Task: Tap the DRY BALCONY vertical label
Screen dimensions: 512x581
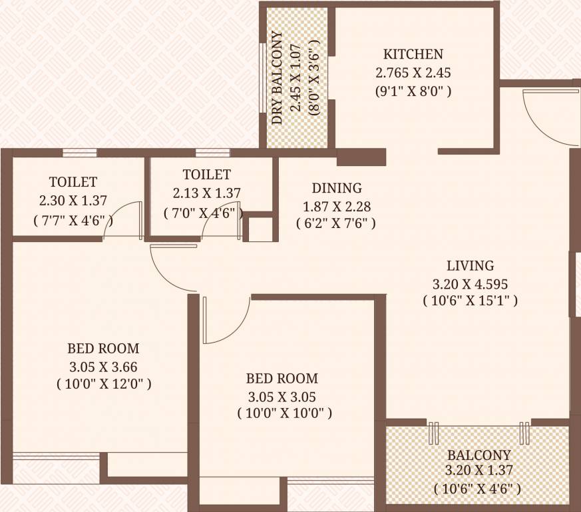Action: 277,78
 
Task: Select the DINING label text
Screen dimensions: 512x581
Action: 337,188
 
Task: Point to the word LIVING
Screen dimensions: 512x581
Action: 470,265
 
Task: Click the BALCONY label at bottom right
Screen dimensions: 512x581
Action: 479,455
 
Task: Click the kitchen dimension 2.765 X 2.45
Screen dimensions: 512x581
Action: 413,73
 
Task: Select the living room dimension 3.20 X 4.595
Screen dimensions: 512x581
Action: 470,283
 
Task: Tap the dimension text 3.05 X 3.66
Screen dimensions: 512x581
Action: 103,366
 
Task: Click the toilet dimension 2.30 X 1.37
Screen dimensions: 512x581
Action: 73,199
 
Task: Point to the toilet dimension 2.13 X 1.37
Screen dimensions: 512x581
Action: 206,193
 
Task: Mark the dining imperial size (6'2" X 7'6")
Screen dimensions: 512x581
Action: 336,224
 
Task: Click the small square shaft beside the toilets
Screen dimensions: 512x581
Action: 260,229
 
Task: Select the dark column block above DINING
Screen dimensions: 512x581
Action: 361,157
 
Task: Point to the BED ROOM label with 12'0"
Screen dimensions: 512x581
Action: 103,348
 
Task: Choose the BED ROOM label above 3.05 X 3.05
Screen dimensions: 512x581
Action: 282,379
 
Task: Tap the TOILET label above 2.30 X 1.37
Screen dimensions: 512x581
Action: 73,181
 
